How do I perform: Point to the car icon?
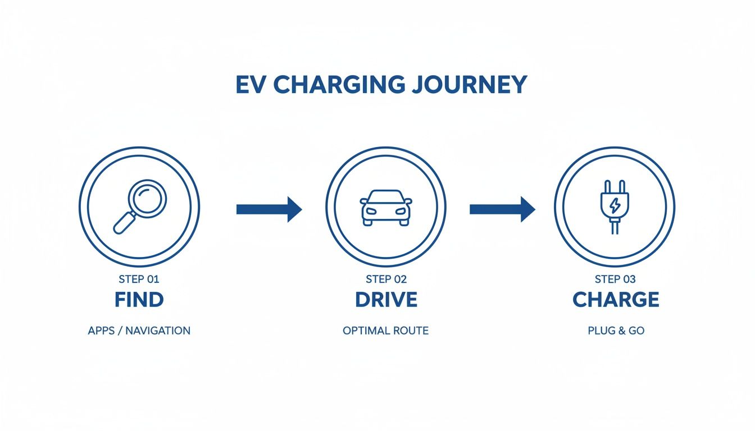[385, 207]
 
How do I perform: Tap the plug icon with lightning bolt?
[615, 206]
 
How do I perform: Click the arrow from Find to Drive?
[269, 209]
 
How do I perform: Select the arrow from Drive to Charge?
[502, 209]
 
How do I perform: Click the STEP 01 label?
[139, 279]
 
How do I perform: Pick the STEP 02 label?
[386, 279]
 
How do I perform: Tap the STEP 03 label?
[615, 279]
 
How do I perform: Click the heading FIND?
[139, 300]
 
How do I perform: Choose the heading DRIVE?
[386, 300]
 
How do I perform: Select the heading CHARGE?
[616, 300]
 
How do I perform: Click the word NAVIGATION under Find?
[158, 331]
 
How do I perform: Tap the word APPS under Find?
[101, 331]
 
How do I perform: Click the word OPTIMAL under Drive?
[364, 331]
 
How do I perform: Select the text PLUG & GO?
[616, 331]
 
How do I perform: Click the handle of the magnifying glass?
[124, 223]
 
